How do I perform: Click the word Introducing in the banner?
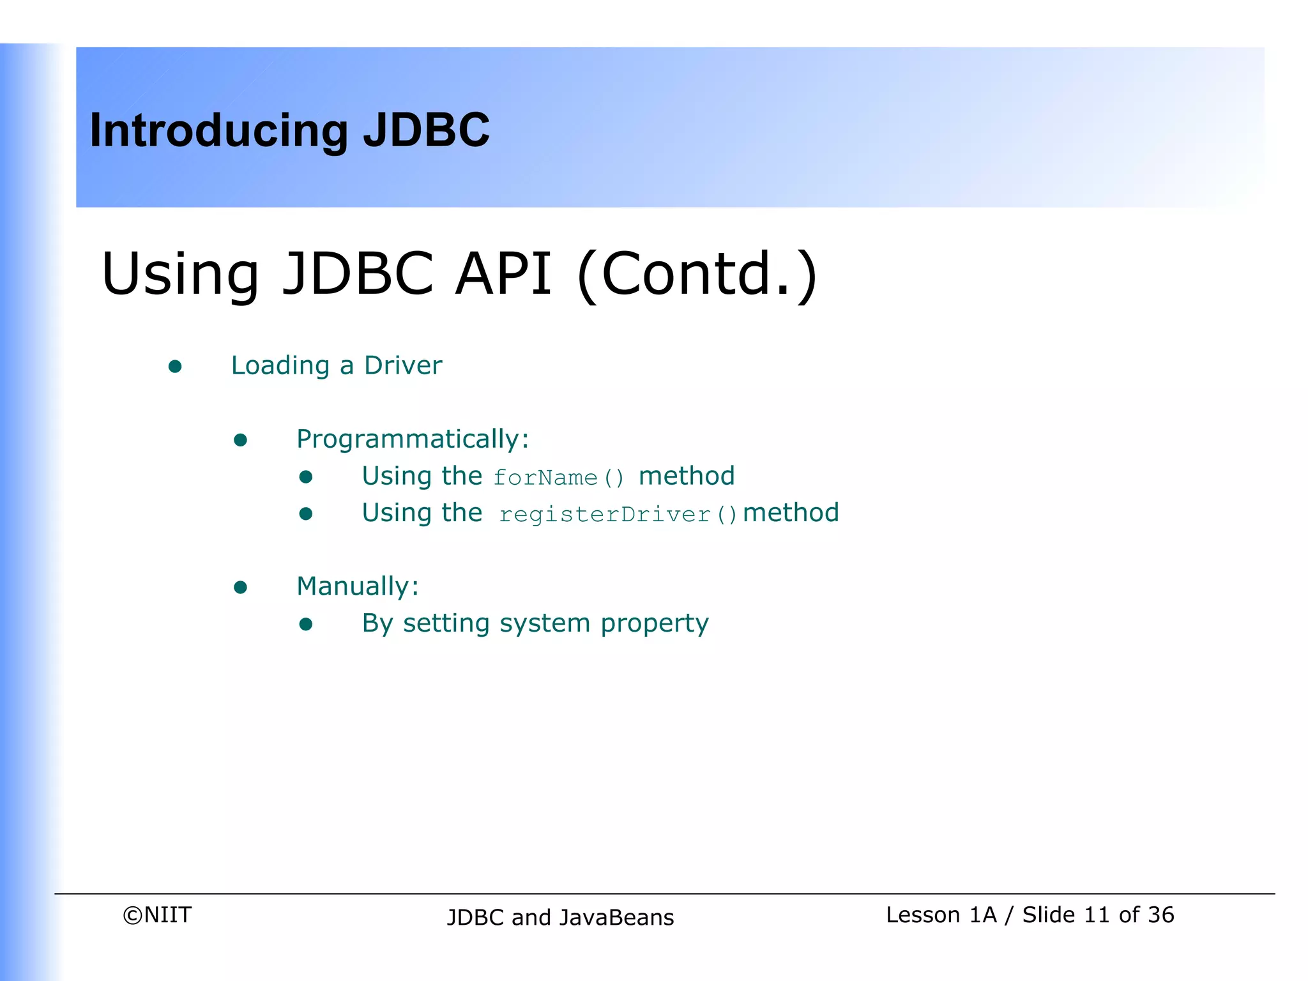218,131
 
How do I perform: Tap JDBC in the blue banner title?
426,130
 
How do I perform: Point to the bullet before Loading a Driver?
175,367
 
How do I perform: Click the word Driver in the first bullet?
402,365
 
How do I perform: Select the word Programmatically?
413,439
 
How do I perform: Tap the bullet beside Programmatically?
240,440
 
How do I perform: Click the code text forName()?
559,478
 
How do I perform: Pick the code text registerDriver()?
618,514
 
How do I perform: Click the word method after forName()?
687,476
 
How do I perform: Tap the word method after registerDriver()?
791,513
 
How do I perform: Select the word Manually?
358,586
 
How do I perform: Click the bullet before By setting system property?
306,624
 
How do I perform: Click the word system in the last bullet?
544,624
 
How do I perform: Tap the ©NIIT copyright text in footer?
157,915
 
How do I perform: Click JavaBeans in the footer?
616,918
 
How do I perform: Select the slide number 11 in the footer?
1097,915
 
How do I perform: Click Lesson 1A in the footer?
941,915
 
